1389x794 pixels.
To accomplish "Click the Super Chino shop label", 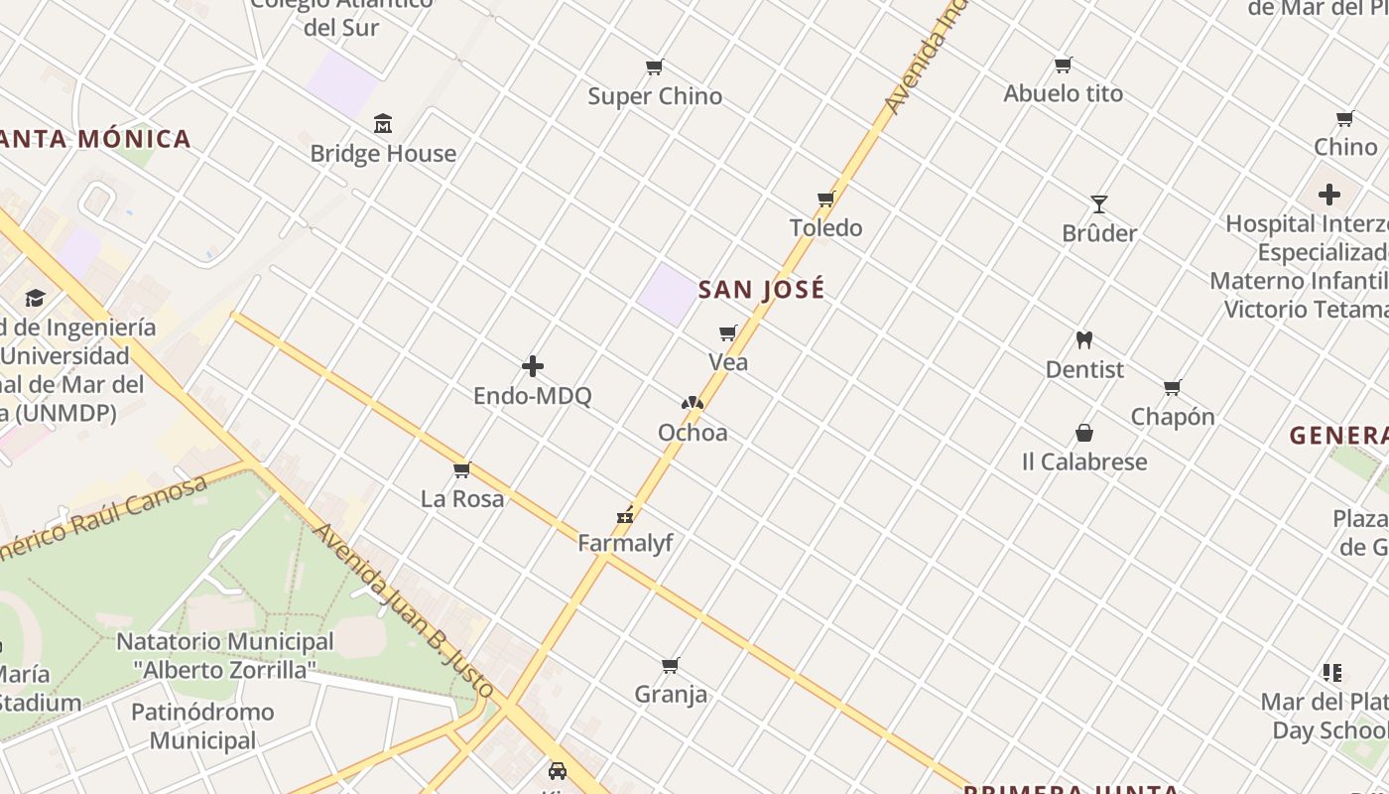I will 655,96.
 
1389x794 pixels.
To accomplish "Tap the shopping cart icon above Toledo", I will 825,199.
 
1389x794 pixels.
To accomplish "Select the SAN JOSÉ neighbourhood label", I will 762,290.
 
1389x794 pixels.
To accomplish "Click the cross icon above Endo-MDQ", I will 533,366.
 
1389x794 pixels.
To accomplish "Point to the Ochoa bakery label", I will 693,433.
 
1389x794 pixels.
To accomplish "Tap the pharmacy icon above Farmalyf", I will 625,514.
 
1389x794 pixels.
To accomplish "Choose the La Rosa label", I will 462,498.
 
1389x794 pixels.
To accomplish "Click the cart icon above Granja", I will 671,665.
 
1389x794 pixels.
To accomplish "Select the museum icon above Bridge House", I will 383,124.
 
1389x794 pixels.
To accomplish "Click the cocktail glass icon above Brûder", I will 1099,204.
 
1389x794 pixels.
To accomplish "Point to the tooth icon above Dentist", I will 1084,340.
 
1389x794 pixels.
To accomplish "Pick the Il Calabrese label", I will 1084,462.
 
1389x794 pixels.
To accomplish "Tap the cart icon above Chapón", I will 1173,387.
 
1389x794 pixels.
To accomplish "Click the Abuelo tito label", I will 1064,93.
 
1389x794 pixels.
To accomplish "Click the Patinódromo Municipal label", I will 202,726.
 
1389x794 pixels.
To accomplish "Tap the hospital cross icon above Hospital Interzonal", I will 1329,195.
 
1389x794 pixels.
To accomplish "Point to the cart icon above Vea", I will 728,333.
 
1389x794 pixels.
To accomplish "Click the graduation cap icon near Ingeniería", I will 36,298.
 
